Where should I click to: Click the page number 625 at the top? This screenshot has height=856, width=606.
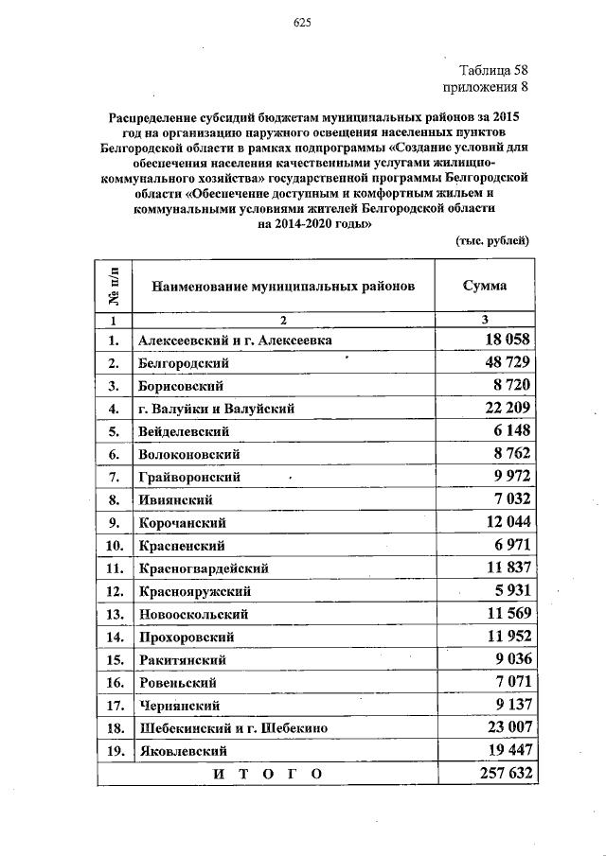pos(302,23)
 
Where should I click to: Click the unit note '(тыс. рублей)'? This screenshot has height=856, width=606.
pos(492,241)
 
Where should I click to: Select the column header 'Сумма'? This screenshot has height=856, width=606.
pos(484,286)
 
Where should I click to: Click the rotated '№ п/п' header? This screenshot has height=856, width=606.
pos(114,285)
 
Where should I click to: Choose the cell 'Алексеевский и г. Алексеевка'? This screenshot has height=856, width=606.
pos(236,341)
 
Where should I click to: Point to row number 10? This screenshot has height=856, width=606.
pos(115,546)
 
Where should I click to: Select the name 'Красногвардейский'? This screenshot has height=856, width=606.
pos(204,568)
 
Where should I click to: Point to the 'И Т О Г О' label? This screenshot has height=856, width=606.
pos(267,774)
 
